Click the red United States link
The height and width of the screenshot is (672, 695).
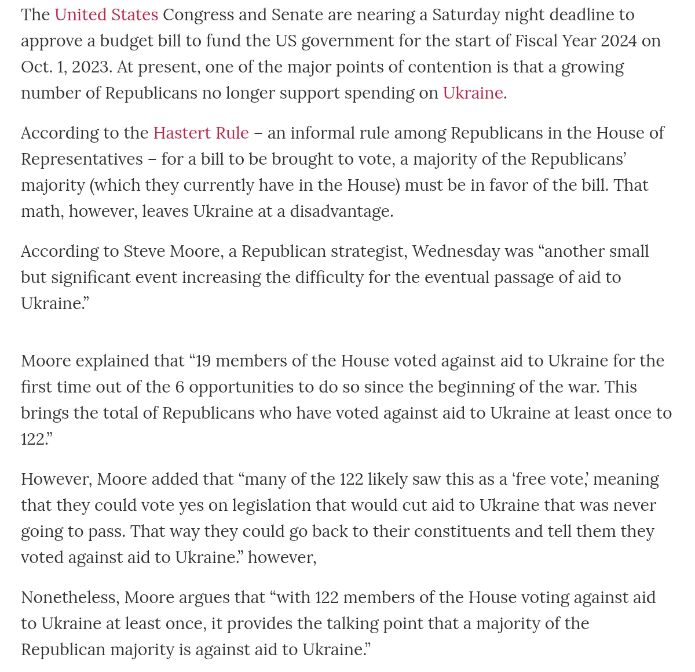pyautogui.click(x=106, y=14)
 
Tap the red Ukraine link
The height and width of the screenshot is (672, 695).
pyautogui.click(x=473, y=93)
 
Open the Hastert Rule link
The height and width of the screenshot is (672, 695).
pyautogui.click(x=200, y=133)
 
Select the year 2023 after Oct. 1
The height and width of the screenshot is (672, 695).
pyautogui.click(x=91, y=67)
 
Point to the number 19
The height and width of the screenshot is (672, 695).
pyautogui.click(x=203, y=361)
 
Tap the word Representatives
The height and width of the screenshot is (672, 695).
pyautogui.click(x=82, y=159)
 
